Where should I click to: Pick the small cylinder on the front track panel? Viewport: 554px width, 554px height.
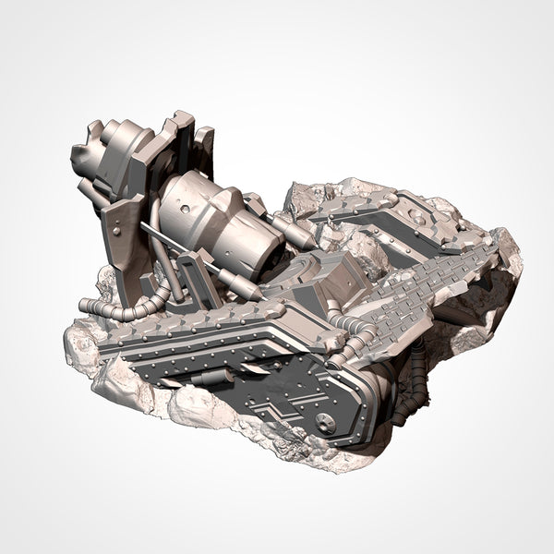coord(215,377)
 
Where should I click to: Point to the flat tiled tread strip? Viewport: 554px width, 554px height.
coord(434,277)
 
